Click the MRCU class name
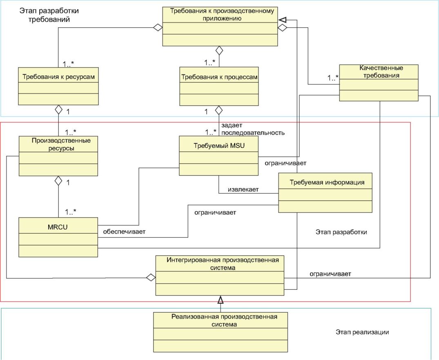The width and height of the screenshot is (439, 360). pos(58,227)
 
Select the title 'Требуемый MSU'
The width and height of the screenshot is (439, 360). pos(219,146)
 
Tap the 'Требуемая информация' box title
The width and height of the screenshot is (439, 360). pos(327,182)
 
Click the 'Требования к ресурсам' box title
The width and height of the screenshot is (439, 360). pos(58,77)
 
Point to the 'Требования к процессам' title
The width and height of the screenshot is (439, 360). pos(219,77)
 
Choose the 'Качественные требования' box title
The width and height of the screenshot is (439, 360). pos(381,72)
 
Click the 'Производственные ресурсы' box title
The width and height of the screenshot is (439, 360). pos(61,144)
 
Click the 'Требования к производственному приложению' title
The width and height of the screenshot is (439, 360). pos(222,15)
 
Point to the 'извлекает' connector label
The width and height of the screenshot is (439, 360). pos(243,189)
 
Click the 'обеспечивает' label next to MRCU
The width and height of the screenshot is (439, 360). pos(124,232)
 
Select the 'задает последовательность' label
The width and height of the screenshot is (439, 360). pos(253,129)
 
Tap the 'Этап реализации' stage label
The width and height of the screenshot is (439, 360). pos(362,332)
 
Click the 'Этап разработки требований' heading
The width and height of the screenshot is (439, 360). pos(49,15)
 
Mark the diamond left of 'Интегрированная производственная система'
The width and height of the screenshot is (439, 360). pos(151,278)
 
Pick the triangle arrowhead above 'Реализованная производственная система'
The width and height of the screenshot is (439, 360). pos(221,300)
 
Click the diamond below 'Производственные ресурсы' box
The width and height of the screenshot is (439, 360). pos(58,180)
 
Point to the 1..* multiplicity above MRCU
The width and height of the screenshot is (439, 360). pos(71,212)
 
